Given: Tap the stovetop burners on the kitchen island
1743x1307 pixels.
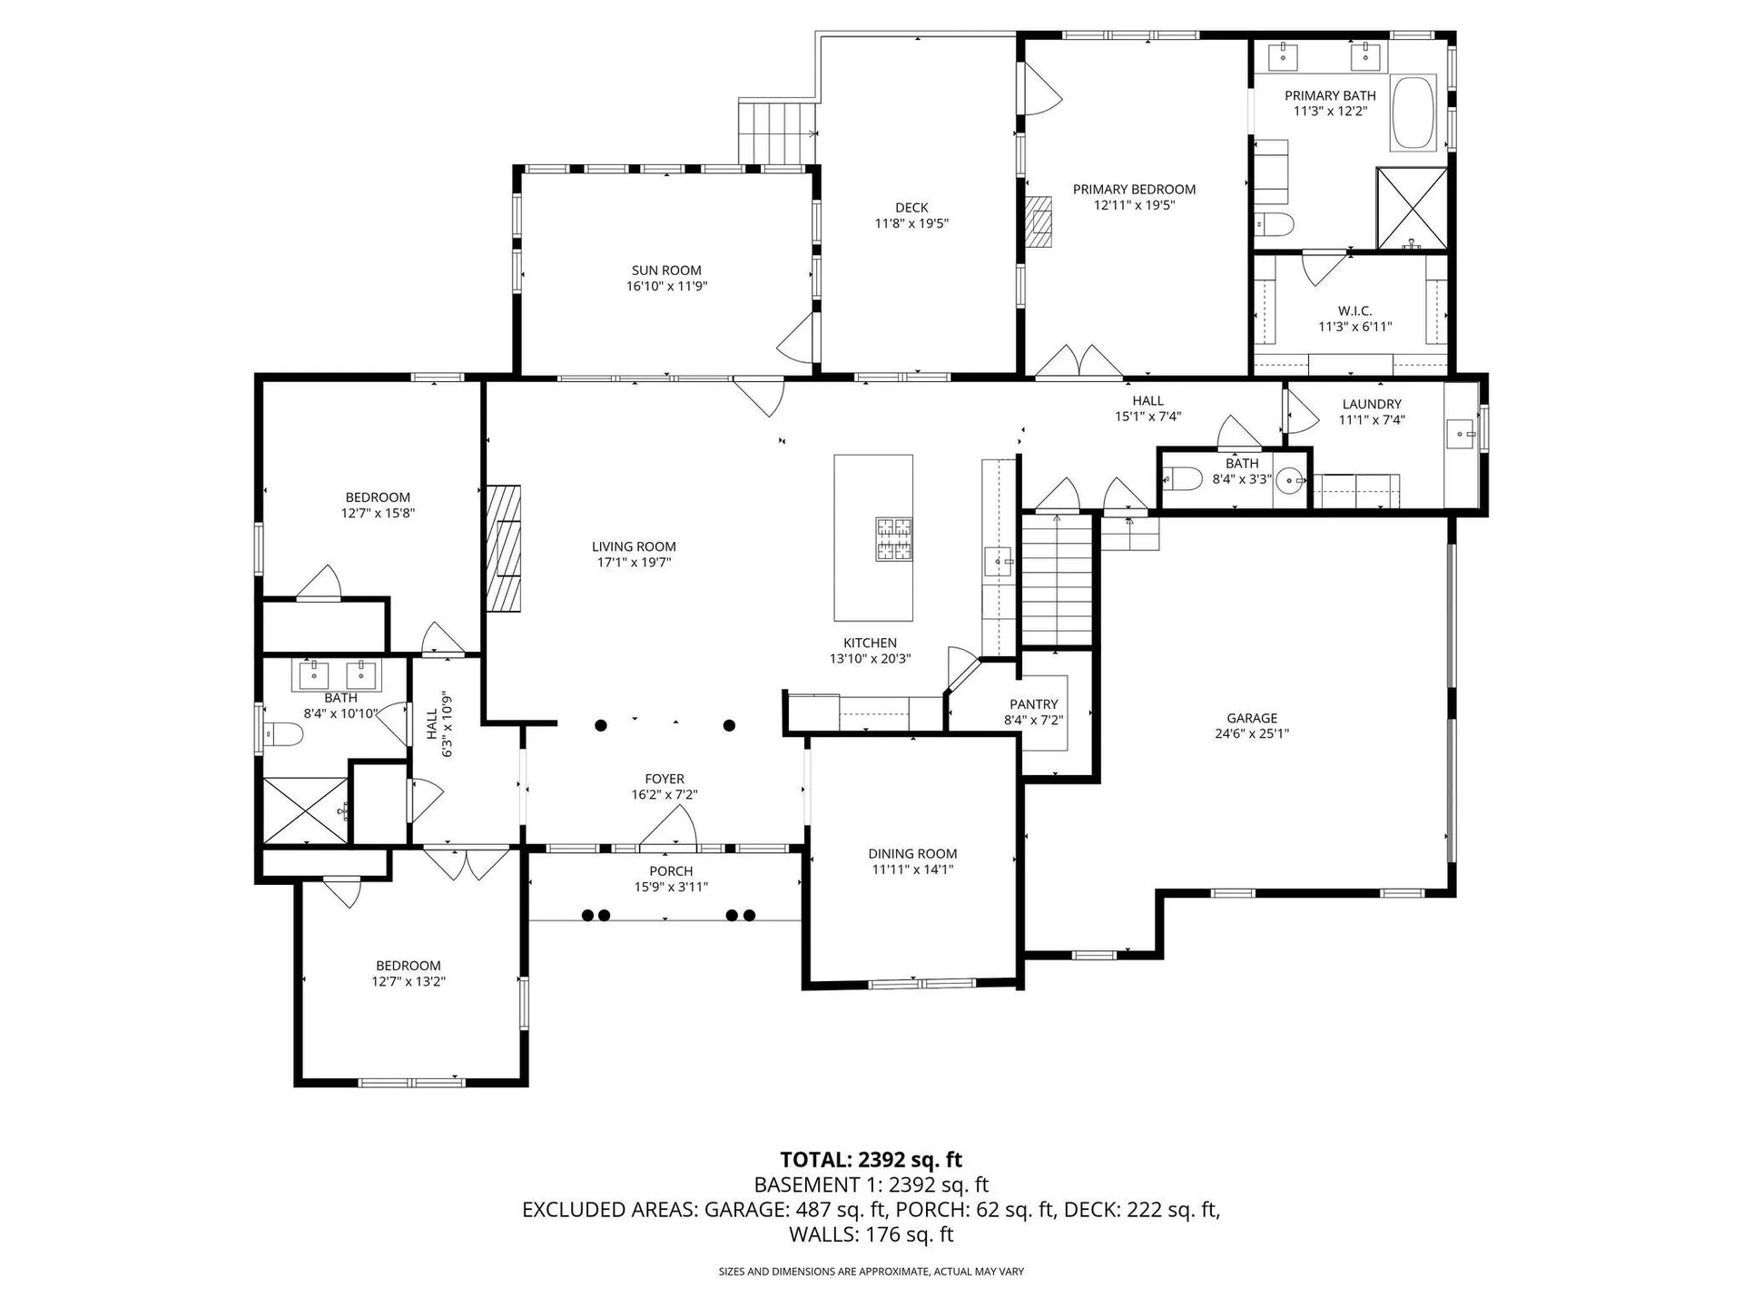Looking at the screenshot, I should coord(893,539).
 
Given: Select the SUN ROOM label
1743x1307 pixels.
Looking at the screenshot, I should coord(666,270).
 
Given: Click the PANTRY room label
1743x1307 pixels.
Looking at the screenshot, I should coord(1033,704).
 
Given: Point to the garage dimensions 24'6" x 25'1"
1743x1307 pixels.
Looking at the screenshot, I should coord(1252,734).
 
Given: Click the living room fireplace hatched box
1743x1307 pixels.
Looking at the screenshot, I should coord(504,548).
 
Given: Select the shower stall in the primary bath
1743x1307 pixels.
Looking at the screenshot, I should coord(1412,208).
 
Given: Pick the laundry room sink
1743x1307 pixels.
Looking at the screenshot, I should coord(1461,435).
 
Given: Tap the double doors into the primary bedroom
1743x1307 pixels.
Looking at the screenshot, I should coord(1078,361).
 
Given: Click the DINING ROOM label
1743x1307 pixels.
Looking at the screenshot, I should coord(912,853).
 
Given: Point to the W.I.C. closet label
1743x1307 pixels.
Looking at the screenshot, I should coord(1354,311).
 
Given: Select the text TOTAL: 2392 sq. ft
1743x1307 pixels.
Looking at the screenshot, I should coord(871,1160).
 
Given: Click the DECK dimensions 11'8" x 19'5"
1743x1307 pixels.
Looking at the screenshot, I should coord(911,223).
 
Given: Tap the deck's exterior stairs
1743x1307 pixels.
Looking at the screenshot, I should coord(776,133).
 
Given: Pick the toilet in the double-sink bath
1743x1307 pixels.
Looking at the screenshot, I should coord(283,733).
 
